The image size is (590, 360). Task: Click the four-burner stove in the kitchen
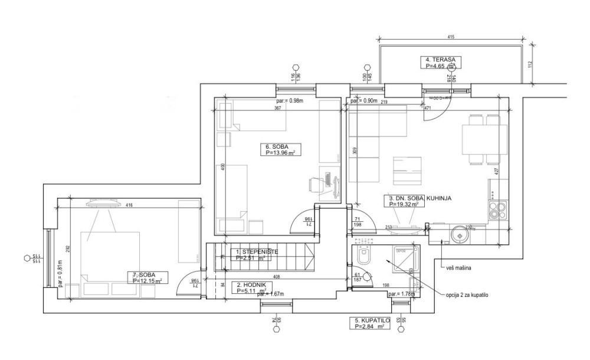[x=495, y=208]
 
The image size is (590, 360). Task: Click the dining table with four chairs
[x=478, y=140]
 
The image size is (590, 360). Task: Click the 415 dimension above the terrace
[x=451, y=38]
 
